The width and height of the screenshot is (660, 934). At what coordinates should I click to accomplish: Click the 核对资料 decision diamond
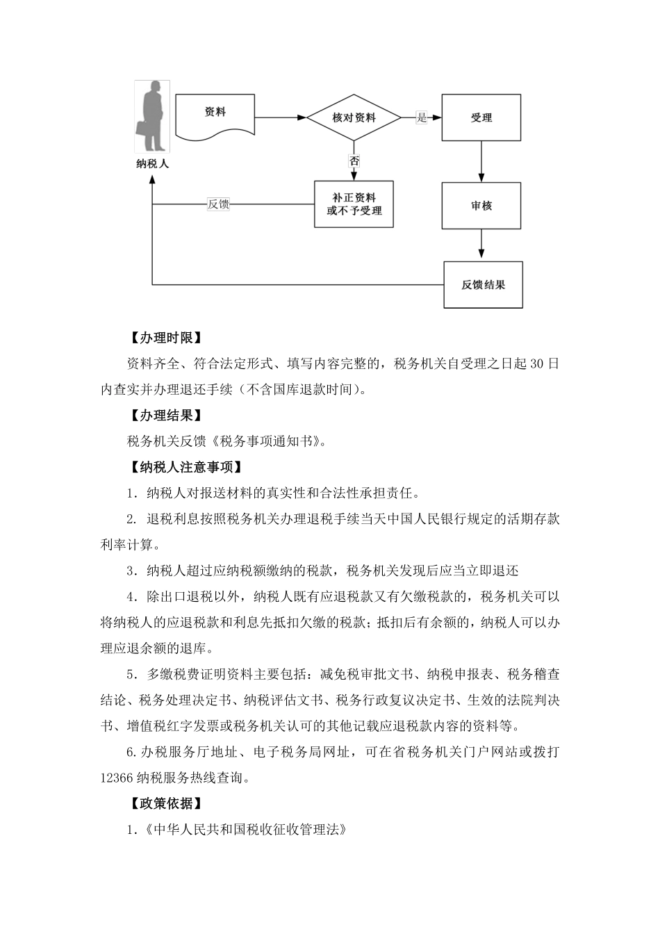(354, 117)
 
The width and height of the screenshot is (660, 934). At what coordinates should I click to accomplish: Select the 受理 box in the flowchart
(481, 117)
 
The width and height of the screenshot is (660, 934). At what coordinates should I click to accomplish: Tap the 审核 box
(481, 206)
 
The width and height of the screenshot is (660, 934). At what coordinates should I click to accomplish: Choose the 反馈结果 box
(483, 285)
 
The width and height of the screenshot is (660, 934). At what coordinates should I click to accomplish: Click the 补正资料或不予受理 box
(354, 204)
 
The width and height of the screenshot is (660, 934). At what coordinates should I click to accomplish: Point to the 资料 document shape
(215, 115)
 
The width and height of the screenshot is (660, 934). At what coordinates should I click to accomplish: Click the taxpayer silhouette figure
(153, 117)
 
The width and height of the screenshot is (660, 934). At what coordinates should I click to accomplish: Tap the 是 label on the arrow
(422, 117)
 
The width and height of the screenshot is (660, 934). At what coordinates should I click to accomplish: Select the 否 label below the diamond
(354, 161)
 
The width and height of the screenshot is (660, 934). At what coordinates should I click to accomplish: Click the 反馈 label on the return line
(218, 204)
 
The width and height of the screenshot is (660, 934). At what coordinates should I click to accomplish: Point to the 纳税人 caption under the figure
(153, 165)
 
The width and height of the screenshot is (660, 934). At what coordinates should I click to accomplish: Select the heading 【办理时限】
(165, 338)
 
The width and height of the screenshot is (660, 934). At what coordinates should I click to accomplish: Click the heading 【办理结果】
(165, 416)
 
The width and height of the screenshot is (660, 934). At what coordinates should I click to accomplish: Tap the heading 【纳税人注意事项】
(184, 467)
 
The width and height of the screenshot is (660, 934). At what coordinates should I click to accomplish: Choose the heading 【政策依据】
(165, 803)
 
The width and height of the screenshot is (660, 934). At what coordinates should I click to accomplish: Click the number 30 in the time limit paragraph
(536, 364)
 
